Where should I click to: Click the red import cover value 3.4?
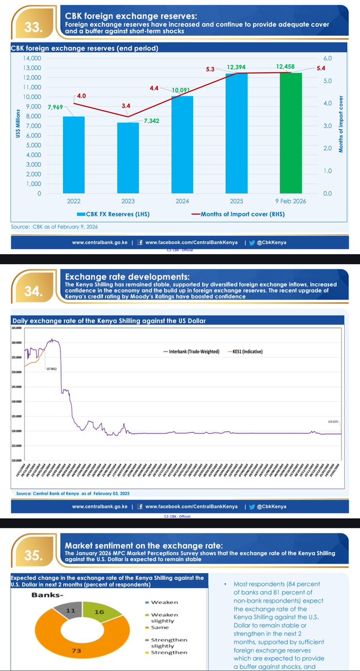pos(126,105)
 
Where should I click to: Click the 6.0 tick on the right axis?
pos(328,58)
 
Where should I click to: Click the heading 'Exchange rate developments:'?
pos(128,276)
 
